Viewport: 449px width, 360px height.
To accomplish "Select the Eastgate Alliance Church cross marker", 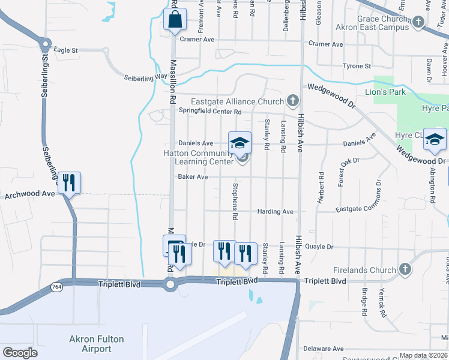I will pyautogui.click(x=292, y=100).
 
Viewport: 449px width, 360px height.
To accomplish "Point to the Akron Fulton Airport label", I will pyautogui.click(x=96, y=344).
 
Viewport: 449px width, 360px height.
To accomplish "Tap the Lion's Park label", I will pyautogui.click(x=385, y=92).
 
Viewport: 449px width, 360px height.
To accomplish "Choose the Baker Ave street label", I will pyautogui.click(x=193, y=177).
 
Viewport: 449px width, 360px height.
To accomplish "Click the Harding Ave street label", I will pyautogui.click(x=275, y=212).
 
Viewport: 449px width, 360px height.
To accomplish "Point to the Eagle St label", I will pyautogui.click(x=66, y=51).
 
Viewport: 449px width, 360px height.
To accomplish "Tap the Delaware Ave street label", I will pyautogui.click(x=323, y=349).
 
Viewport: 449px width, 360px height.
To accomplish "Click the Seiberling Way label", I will pyautogui.click(x=145, y=77).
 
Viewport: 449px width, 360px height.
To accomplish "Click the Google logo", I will pyautogui.click(x=20, y=353).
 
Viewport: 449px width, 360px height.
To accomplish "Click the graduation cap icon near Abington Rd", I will pyautogui.click(x=435, y=140).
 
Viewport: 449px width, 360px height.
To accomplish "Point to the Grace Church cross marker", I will pyautogui.click(x=418, y=23).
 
